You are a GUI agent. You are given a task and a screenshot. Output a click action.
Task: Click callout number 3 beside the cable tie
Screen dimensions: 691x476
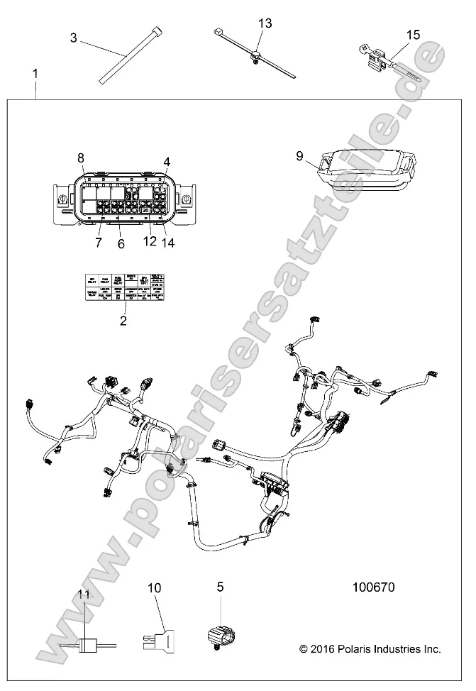tap(74, 38)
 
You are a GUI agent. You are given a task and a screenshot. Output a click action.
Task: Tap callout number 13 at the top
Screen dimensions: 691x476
tap(264, 24)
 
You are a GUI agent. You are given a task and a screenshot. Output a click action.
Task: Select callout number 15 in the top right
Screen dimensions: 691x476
tap(413, 34)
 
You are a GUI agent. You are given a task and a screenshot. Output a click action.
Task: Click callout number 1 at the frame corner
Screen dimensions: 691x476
tap(36, 74)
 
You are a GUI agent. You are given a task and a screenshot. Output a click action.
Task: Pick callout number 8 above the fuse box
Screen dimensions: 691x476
tap(81, 157)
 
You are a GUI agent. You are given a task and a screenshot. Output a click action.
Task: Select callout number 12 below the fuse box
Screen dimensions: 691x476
tap(150, 243)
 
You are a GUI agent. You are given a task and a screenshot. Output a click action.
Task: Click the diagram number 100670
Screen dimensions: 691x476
tap(373, 588)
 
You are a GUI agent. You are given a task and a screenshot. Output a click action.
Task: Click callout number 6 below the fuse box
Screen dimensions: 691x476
tap(121, 243)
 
